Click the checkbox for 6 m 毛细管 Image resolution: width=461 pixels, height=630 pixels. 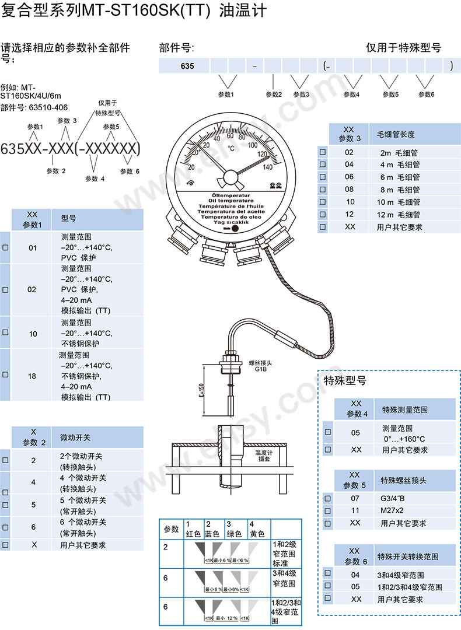[323, 177]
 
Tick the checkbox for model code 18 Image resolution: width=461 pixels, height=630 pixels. [5, 375]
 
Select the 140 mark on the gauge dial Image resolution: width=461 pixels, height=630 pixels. [268, 167]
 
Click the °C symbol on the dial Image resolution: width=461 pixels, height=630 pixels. [231, 148]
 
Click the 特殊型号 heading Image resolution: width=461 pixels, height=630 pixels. [345, 381]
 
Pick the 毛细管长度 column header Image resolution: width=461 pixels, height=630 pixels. [399, 134]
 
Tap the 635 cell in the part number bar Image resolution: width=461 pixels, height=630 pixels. [187, 66]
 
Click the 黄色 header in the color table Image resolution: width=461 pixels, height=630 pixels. [257, 534]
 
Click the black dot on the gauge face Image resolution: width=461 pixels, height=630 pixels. [235, 229]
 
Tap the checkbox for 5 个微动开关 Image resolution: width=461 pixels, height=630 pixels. [5, 505]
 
